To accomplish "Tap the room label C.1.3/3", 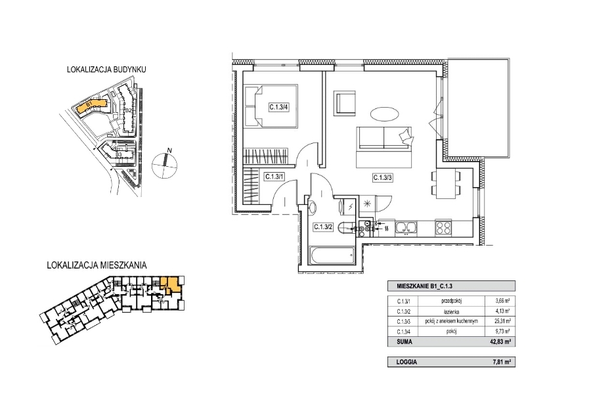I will [383, 177].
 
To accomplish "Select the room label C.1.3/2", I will [322, 227].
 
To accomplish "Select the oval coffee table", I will [383, 114].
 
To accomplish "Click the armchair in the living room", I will [345, 104].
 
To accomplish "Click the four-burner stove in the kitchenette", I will [443, 228].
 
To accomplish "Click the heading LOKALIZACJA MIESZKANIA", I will [97, 266].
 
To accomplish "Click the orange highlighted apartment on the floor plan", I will [172, 285].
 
